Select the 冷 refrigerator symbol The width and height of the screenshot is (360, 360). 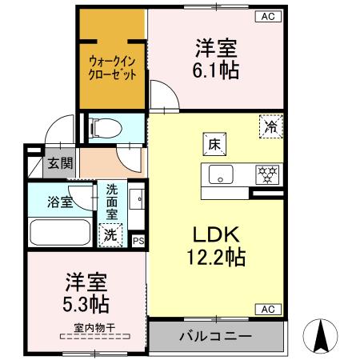[x=270, y=126]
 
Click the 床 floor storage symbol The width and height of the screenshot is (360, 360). [x=214, y=144]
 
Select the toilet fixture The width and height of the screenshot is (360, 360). [x=105, y=127]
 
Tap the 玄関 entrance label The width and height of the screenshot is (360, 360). [x=59, y=163]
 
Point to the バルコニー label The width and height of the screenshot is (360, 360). [x=215, y=336]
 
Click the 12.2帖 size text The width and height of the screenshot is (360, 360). [x=212, y=258]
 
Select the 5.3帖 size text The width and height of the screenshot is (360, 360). [x=87, y=304]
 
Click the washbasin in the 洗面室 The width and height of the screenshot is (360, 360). [x=136, y=199]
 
